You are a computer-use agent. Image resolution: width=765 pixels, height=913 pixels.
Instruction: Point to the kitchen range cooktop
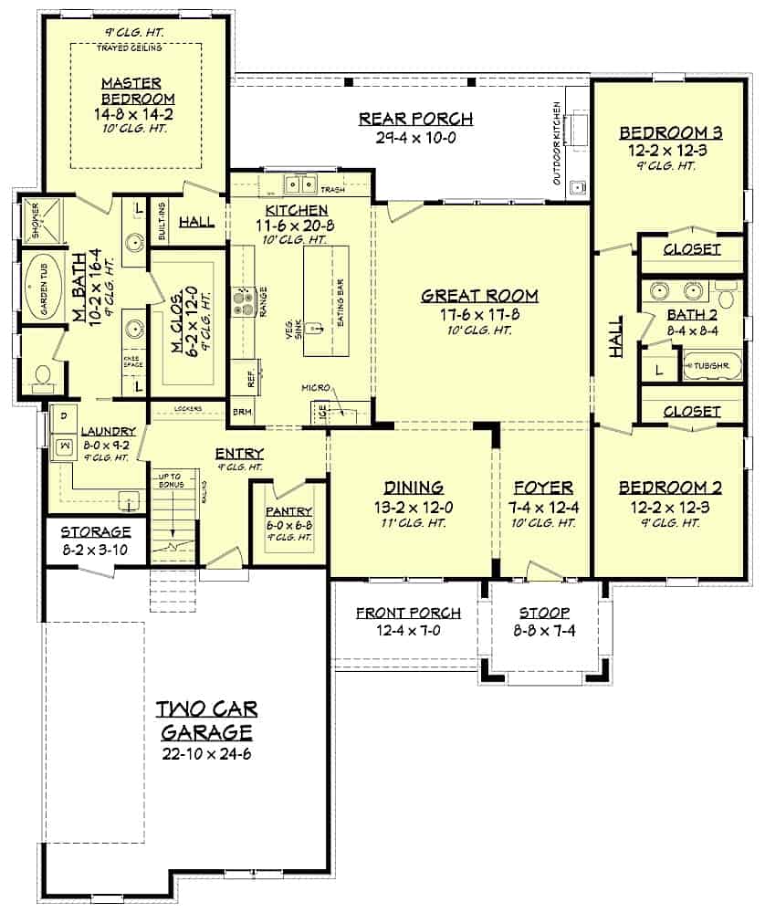tap(245, 302)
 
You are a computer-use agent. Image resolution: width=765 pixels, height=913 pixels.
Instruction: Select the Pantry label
tap(289, 512)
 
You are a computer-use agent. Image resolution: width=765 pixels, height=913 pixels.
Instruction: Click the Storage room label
tap(96, 531)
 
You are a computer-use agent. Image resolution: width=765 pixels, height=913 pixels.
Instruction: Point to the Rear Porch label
tap(415, 119)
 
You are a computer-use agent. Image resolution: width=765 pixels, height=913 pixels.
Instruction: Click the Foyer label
tap(543, 488)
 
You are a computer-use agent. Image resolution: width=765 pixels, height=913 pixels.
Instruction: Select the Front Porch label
tap(408, 613)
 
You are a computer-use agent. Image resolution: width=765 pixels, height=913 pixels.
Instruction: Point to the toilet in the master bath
tap(40, 373)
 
